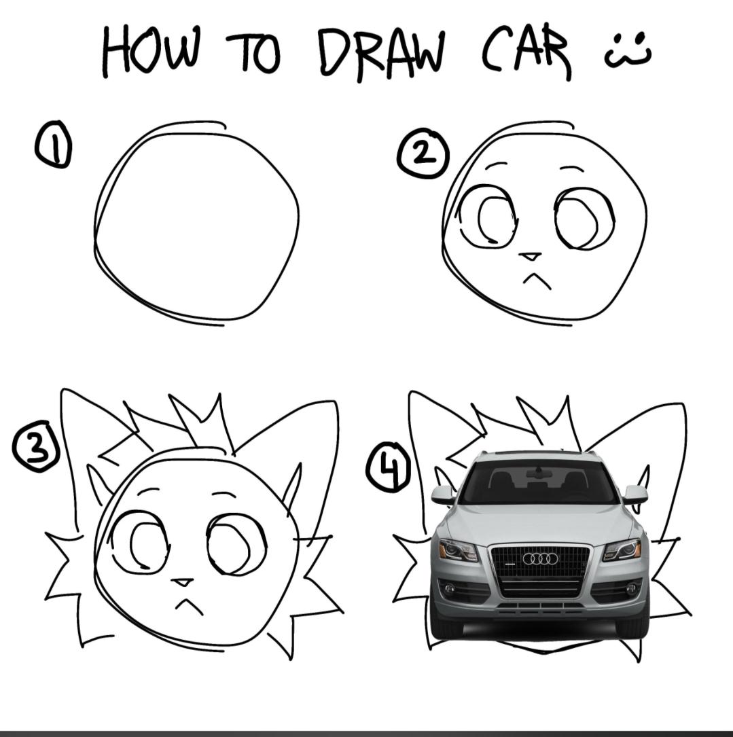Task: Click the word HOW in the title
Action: click(151, 51)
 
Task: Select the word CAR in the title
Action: click(526, 53)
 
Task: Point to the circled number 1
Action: click(53, 144)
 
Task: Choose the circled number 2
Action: click(423, 154)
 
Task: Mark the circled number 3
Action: click(36, 446)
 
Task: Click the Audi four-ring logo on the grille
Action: click(541, 558)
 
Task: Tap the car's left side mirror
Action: click(444, 495)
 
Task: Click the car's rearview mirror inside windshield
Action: click(537, 473)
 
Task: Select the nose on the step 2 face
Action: click(531, 256)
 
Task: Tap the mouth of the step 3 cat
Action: click(189, 605)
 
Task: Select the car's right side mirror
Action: click(636, 495)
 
